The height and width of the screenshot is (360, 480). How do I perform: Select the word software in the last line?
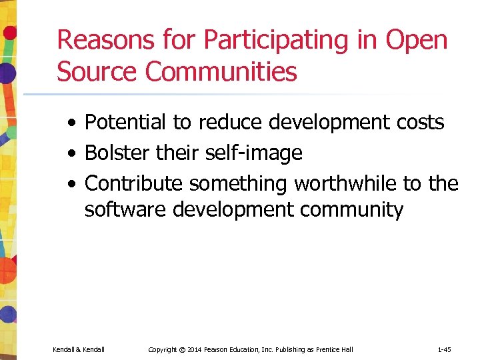[x=125, y=210]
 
